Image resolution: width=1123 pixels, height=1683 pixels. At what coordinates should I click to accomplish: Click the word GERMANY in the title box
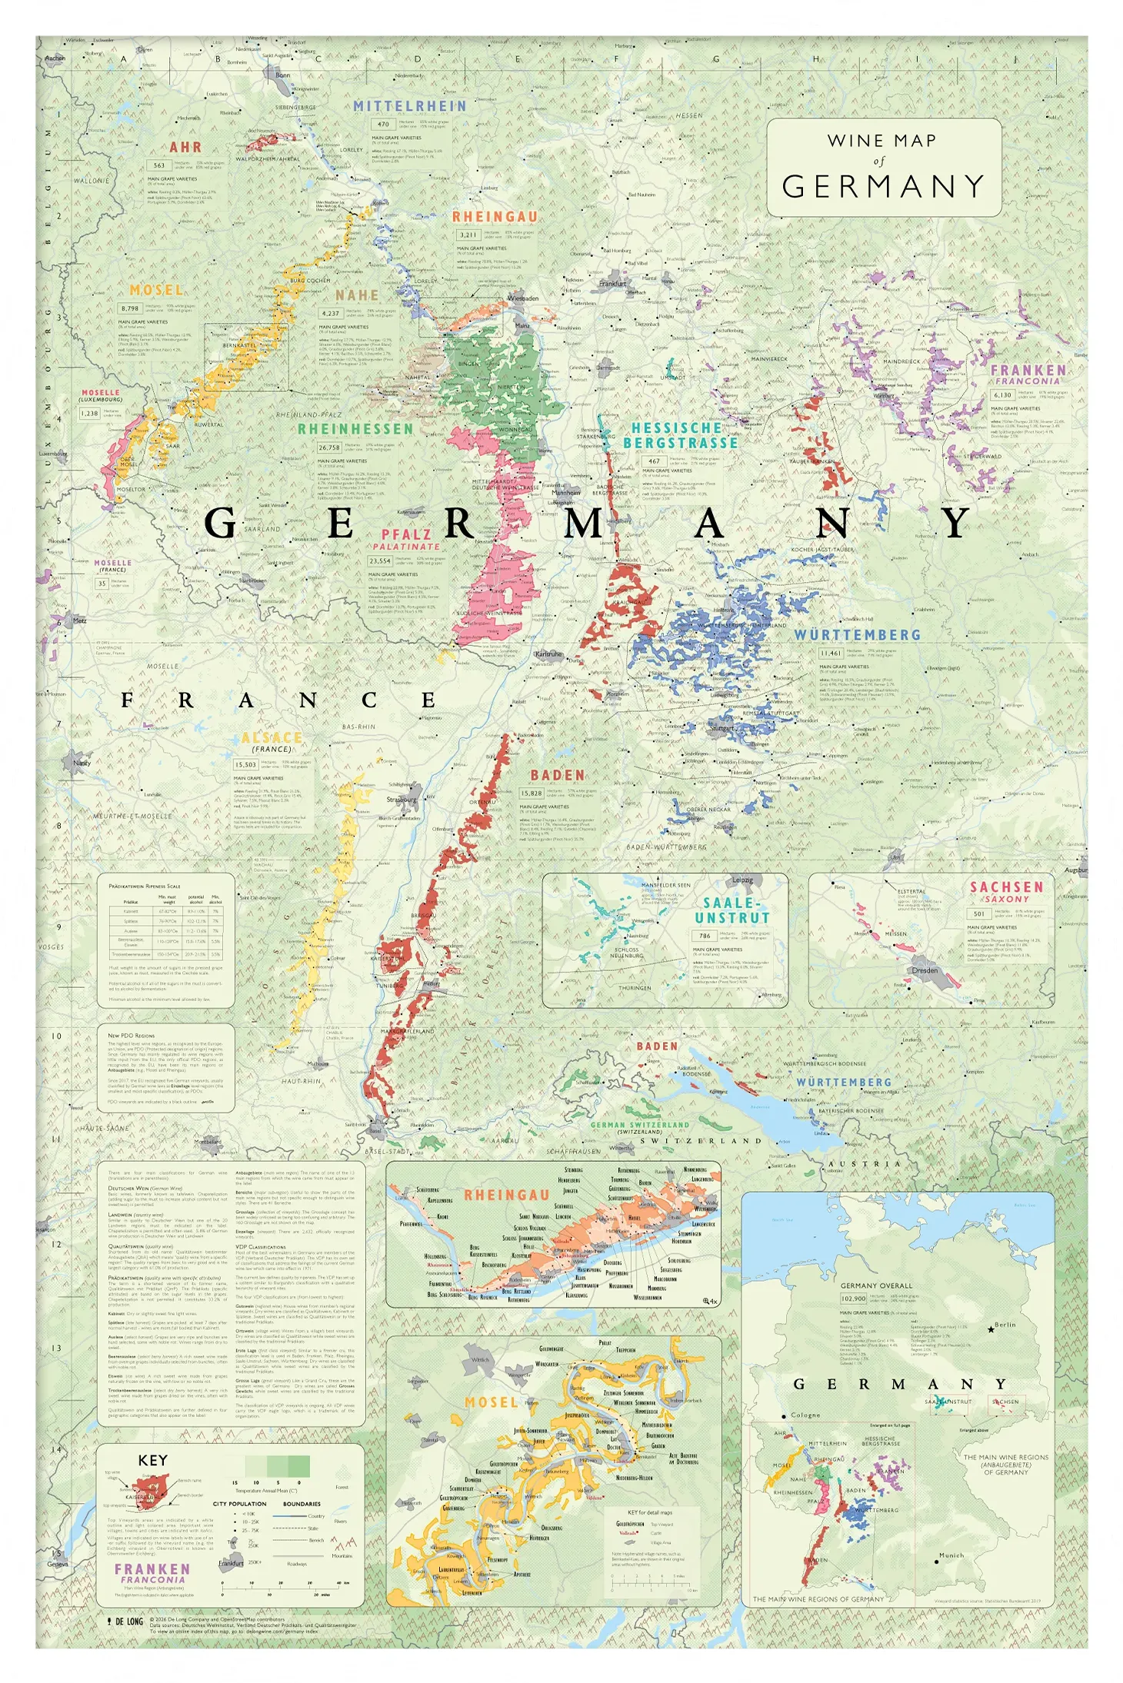(x=883, y=187)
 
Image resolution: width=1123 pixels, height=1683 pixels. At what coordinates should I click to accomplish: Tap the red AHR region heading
(x=185, y=147)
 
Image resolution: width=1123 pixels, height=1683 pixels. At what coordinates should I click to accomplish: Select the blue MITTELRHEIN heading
(x=410, y=106)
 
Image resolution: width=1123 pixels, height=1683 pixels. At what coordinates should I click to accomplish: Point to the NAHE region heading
(x=357, y=295)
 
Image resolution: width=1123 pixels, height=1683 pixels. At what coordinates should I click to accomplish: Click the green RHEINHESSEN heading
(x=355, y=429)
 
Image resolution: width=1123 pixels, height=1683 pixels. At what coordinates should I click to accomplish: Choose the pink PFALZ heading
(x=407, y=534)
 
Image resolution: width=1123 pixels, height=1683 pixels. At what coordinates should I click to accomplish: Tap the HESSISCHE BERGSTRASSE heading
(x=680, y=435)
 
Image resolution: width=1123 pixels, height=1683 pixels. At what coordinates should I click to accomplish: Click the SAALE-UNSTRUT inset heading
(x=731, y=910)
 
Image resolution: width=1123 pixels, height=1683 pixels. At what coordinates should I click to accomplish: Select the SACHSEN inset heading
(x=1006, y=887)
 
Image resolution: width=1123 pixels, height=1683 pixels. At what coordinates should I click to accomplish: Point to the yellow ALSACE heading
(x=272, y=737)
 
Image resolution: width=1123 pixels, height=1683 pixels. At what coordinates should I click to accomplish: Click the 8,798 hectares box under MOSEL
(x=129, y=308)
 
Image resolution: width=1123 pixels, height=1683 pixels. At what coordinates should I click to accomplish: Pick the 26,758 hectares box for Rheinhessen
(x=329, y=447)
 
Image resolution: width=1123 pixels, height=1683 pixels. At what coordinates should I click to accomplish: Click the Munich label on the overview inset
(x=951, y=1555)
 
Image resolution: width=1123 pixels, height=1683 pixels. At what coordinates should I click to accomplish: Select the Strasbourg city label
(x=402, y=800)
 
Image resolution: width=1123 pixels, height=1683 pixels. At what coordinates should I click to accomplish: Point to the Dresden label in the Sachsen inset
(x=925, y=970)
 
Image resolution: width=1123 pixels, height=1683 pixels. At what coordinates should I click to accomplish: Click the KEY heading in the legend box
(x=152, y=1460)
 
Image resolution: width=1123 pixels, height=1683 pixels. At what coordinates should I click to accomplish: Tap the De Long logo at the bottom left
(x=125, y=1621)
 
